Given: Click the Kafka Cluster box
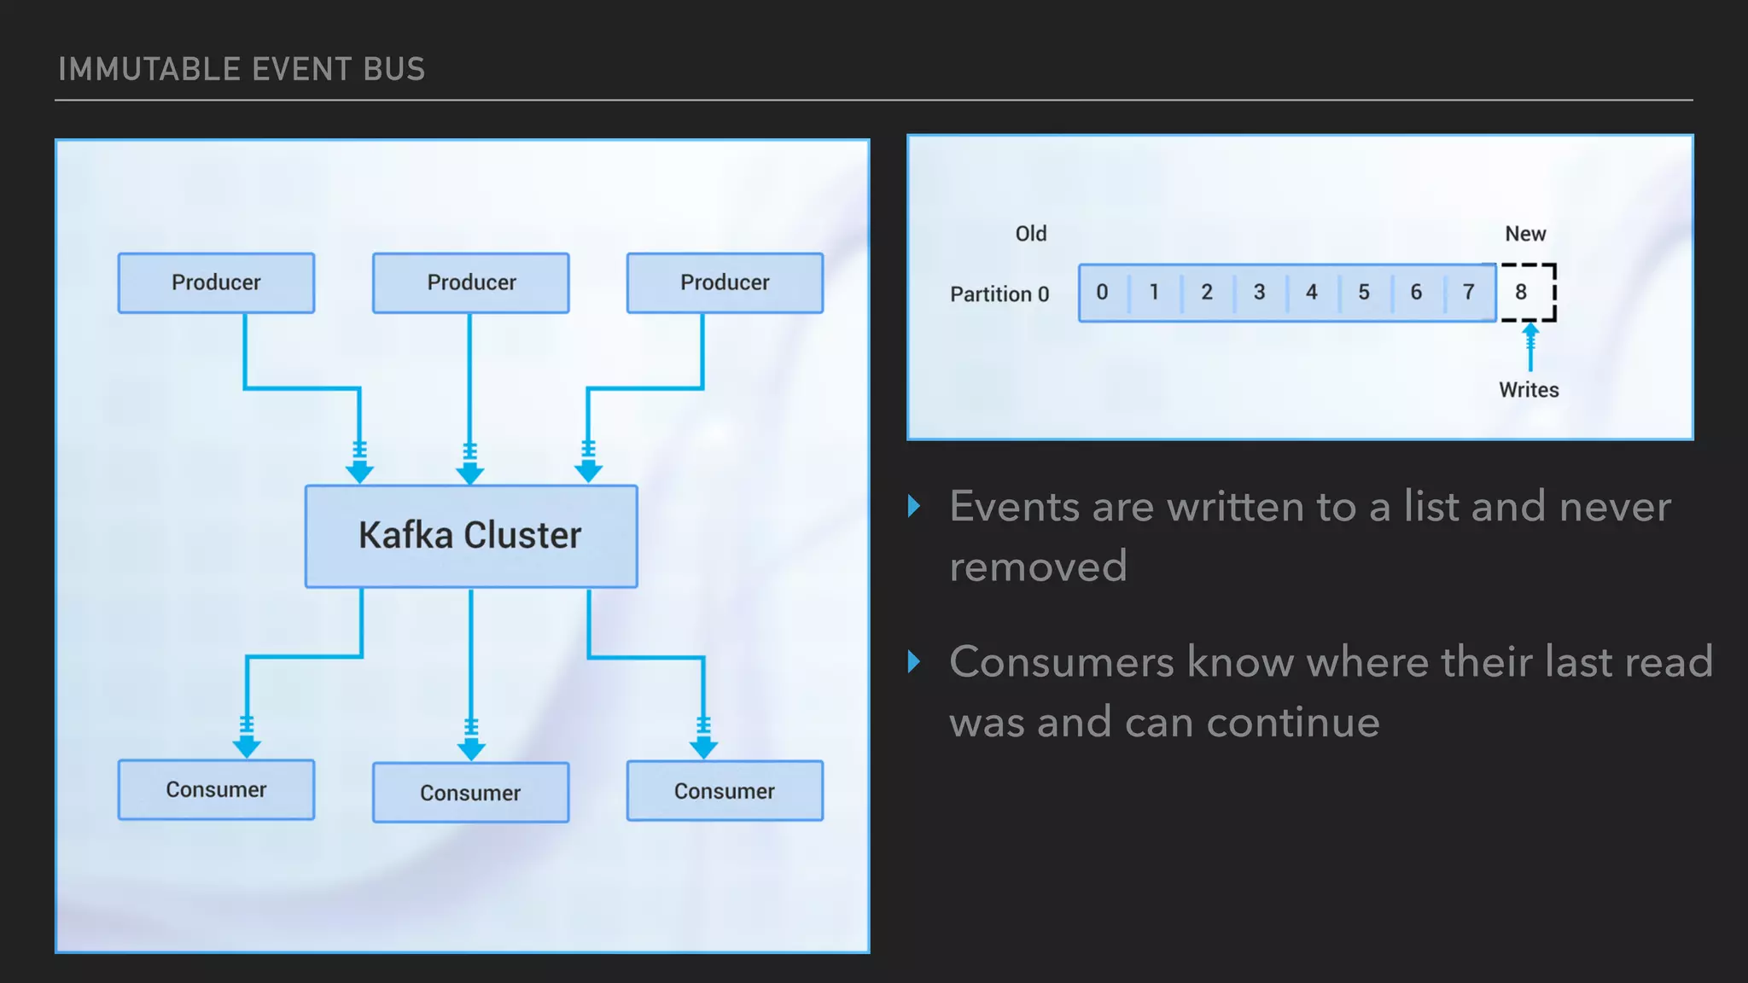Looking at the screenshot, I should click(470, 536).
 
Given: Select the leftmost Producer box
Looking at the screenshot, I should click(216, 282).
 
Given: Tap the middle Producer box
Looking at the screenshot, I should click(470, 282).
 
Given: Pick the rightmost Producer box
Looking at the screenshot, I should click(725, 282).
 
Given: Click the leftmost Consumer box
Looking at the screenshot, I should click(216, 789).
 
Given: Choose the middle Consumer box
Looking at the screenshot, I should click(470, 792).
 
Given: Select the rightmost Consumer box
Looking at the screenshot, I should click(725, 790).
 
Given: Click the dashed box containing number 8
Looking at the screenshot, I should click(1527, 292).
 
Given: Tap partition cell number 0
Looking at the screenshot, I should click(1102, 292).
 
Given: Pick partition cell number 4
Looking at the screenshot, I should click(1311, 292).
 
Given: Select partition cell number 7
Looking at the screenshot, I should click(1468, 292).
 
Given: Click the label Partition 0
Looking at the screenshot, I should click(999, 294).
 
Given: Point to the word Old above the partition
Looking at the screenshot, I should click(1030, 234).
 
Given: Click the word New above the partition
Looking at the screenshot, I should click(1525, 234).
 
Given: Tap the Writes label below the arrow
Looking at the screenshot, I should click(1529, 390).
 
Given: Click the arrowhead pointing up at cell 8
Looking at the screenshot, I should click(1530, 329).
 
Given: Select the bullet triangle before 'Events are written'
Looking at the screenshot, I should click(914, 506).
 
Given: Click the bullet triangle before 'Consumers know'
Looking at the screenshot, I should click(914, 661).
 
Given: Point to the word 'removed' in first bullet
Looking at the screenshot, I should click(1038, 567).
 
